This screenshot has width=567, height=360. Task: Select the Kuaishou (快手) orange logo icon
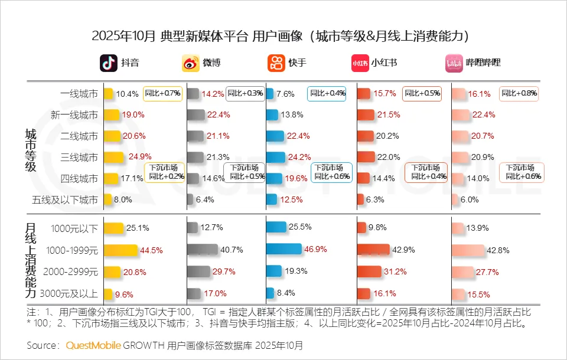tap(276, 63)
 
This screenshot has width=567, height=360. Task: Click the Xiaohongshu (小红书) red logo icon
tap(360, 63)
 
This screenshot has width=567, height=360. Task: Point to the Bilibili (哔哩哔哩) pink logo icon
tap(454, 63)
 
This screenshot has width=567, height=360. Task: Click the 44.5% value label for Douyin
tap(151, 250)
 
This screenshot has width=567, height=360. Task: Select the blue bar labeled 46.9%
tap(283, 249)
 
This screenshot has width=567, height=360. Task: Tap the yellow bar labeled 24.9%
tap(113, 157)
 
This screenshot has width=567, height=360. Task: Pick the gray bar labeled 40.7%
tap(201, 249)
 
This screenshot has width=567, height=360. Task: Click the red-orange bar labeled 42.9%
tap(373, 249)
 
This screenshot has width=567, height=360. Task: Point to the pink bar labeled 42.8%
tap(468, 249)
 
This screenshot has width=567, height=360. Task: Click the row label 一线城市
tap(79, 94)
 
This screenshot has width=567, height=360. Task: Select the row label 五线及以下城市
tap(65, 200)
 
